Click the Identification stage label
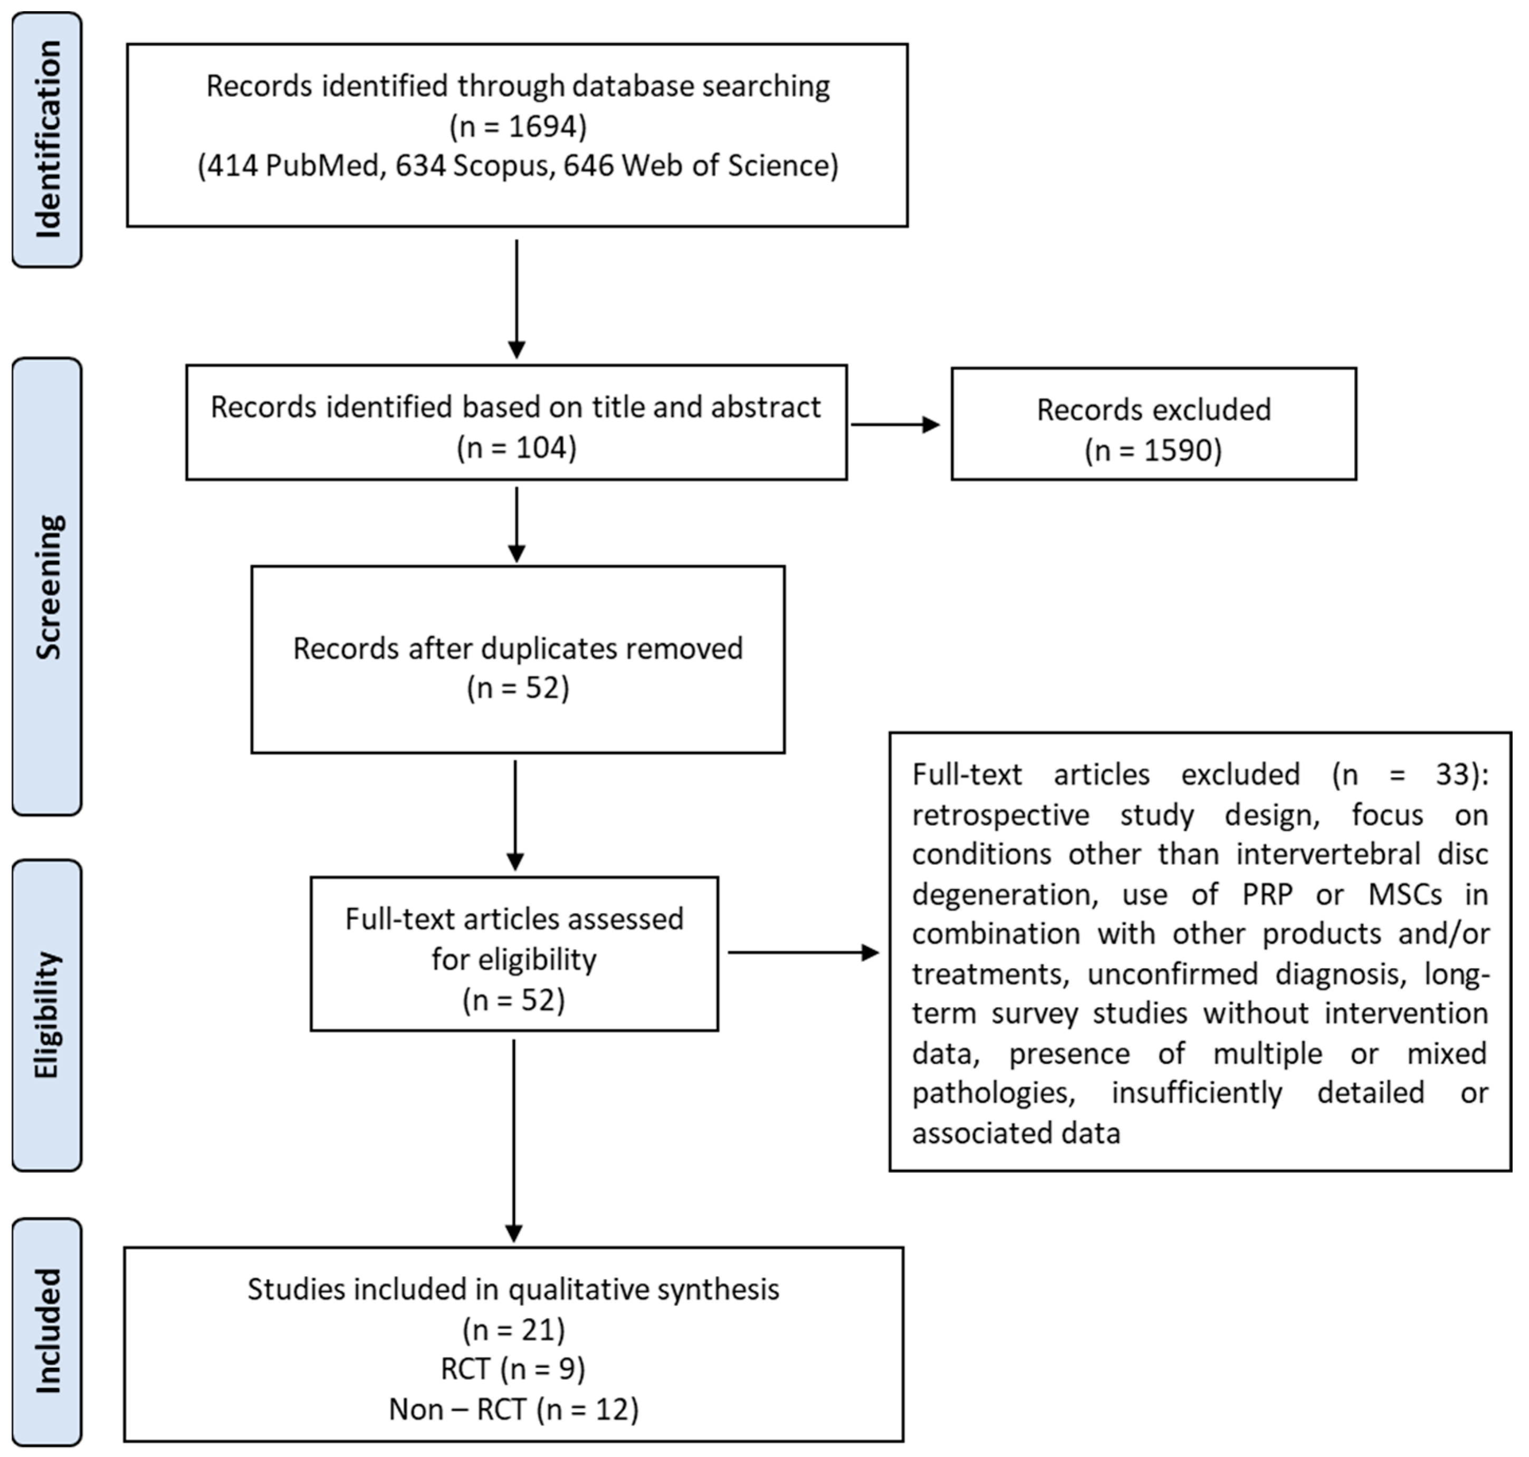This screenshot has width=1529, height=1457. (x=48, y=140)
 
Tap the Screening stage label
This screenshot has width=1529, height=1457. (x=48, y=587)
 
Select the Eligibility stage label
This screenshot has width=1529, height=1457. (x=48, y=1015)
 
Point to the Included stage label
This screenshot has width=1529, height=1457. (x=48, y=1331)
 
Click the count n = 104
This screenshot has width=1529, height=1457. (x=517, y=448)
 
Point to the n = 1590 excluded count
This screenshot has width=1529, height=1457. (x=1154, y=450)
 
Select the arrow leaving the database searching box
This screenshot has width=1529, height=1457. (x=517, y=299)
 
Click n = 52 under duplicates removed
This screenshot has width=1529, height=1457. (x=518, y=689)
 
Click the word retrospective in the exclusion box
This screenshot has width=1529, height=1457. (x=1001, y=815)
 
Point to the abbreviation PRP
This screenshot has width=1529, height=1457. (x=1267, y=895)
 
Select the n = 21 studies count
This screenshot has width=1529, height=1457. (x=513, y=1330)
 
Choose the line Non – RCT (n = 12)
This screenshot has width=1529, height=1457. (x=513, y=1409)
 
